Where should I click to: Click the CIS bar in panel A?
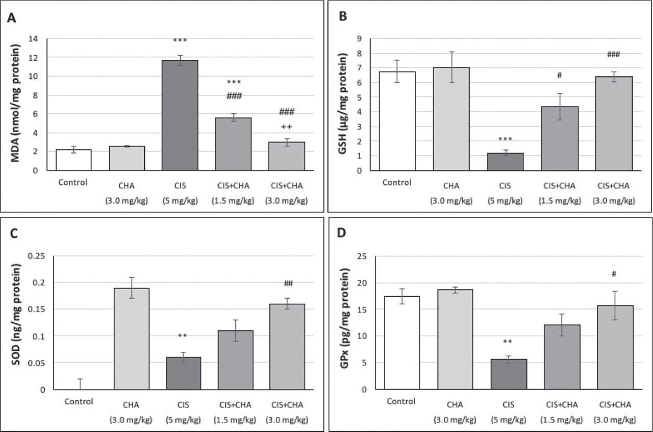click(x=180, y=115)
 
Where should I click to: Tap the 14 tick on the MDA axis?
click(x=34, y=38)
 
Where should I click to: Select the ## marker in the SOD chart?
click(x=287, y=284)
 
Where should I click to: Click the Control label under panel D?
click(x=399, y=401)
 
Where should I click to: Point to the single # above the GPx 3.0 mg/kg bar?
click(x=614, y=274)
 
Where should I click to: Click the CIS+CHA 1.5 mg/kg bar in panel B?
click(x=560, y=138)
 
